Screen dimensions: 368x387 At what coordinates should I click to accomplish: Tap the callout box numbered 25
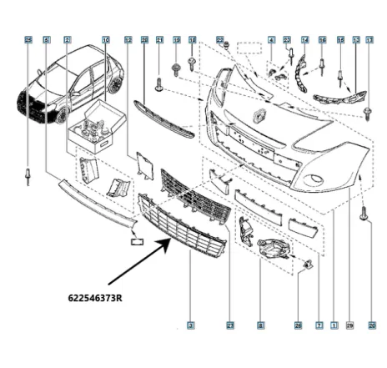28,39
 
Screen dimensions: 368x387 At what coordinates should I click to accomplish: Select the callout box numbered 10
105,39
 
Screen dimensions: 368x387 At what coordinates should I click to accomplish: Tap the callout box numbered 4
271,39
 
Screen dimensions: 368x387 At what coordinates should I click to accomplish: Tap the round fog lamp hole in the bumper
319,180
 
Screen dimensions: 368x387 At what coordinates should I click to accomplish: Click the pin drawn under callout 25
28,175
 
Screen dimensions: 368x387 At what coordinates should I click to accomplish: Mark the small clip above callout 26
308,266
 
